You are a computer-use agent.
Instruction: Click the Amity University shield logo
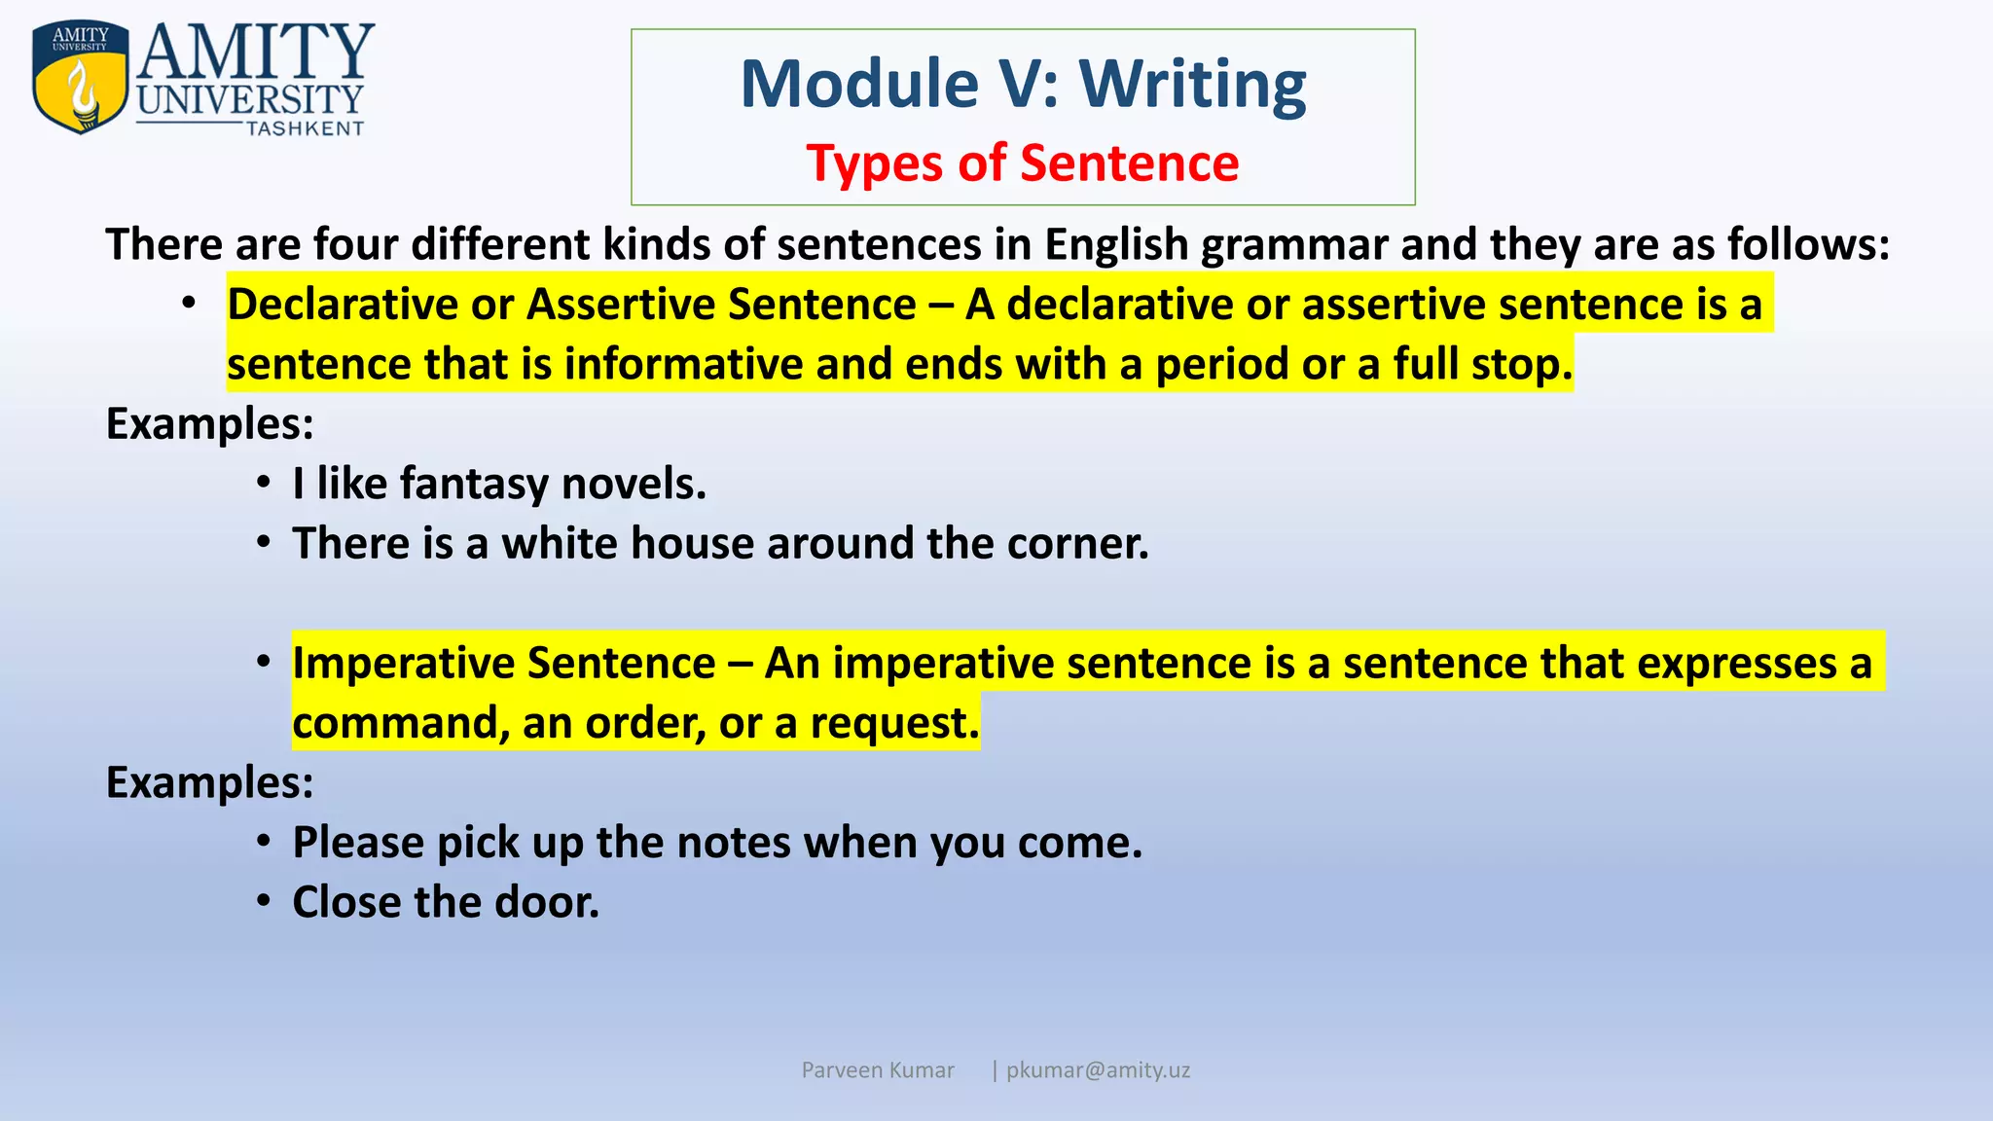pos(80,78)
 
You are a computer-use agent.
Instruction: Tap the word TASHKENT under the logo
pos(305,129)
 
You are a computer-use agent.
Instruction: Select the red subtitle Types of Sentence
pos(1022,163)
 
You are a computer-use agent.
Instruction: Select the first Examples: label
pos(209,424)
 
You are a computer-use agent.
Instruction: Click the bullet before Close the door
pos(264,901)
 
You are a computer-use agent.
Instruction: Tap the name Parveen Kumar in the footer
pos(877,1070)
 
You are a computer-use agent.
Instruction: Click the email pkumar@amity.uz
pos(1097,1070)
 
